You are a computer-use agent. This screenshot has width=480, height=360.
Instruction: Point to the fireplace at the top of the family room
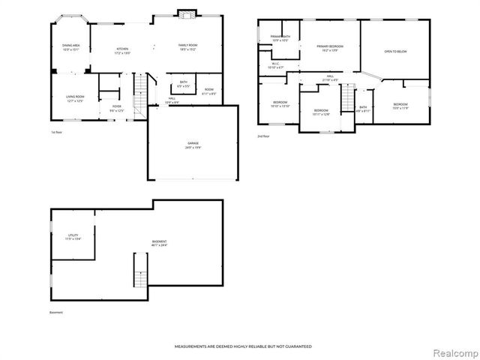click(186, 13)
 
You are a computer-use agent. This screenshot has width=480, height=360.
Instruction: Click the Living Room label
click(75, 98)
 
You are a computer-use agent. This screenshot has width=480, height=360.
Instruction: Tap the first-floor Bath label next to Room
click(184, 85)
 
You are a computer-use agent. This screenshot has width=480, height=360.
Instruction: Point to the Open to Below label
click(395, 52)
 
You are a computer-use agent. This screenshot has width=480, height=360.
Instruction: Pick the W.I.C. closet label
click(275, 65)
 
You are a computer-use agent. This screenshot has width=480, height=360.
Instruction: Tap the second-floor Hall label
click(329, 78)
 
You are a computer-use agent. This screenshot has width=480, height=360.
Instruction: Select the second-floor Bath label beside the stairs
click(363, 109)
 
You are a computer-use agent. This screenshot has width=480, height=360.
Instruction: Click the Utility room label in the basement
click(73, 236)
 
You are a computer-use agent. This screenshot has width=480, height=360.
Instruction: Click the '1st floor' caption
click(57, 131)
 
